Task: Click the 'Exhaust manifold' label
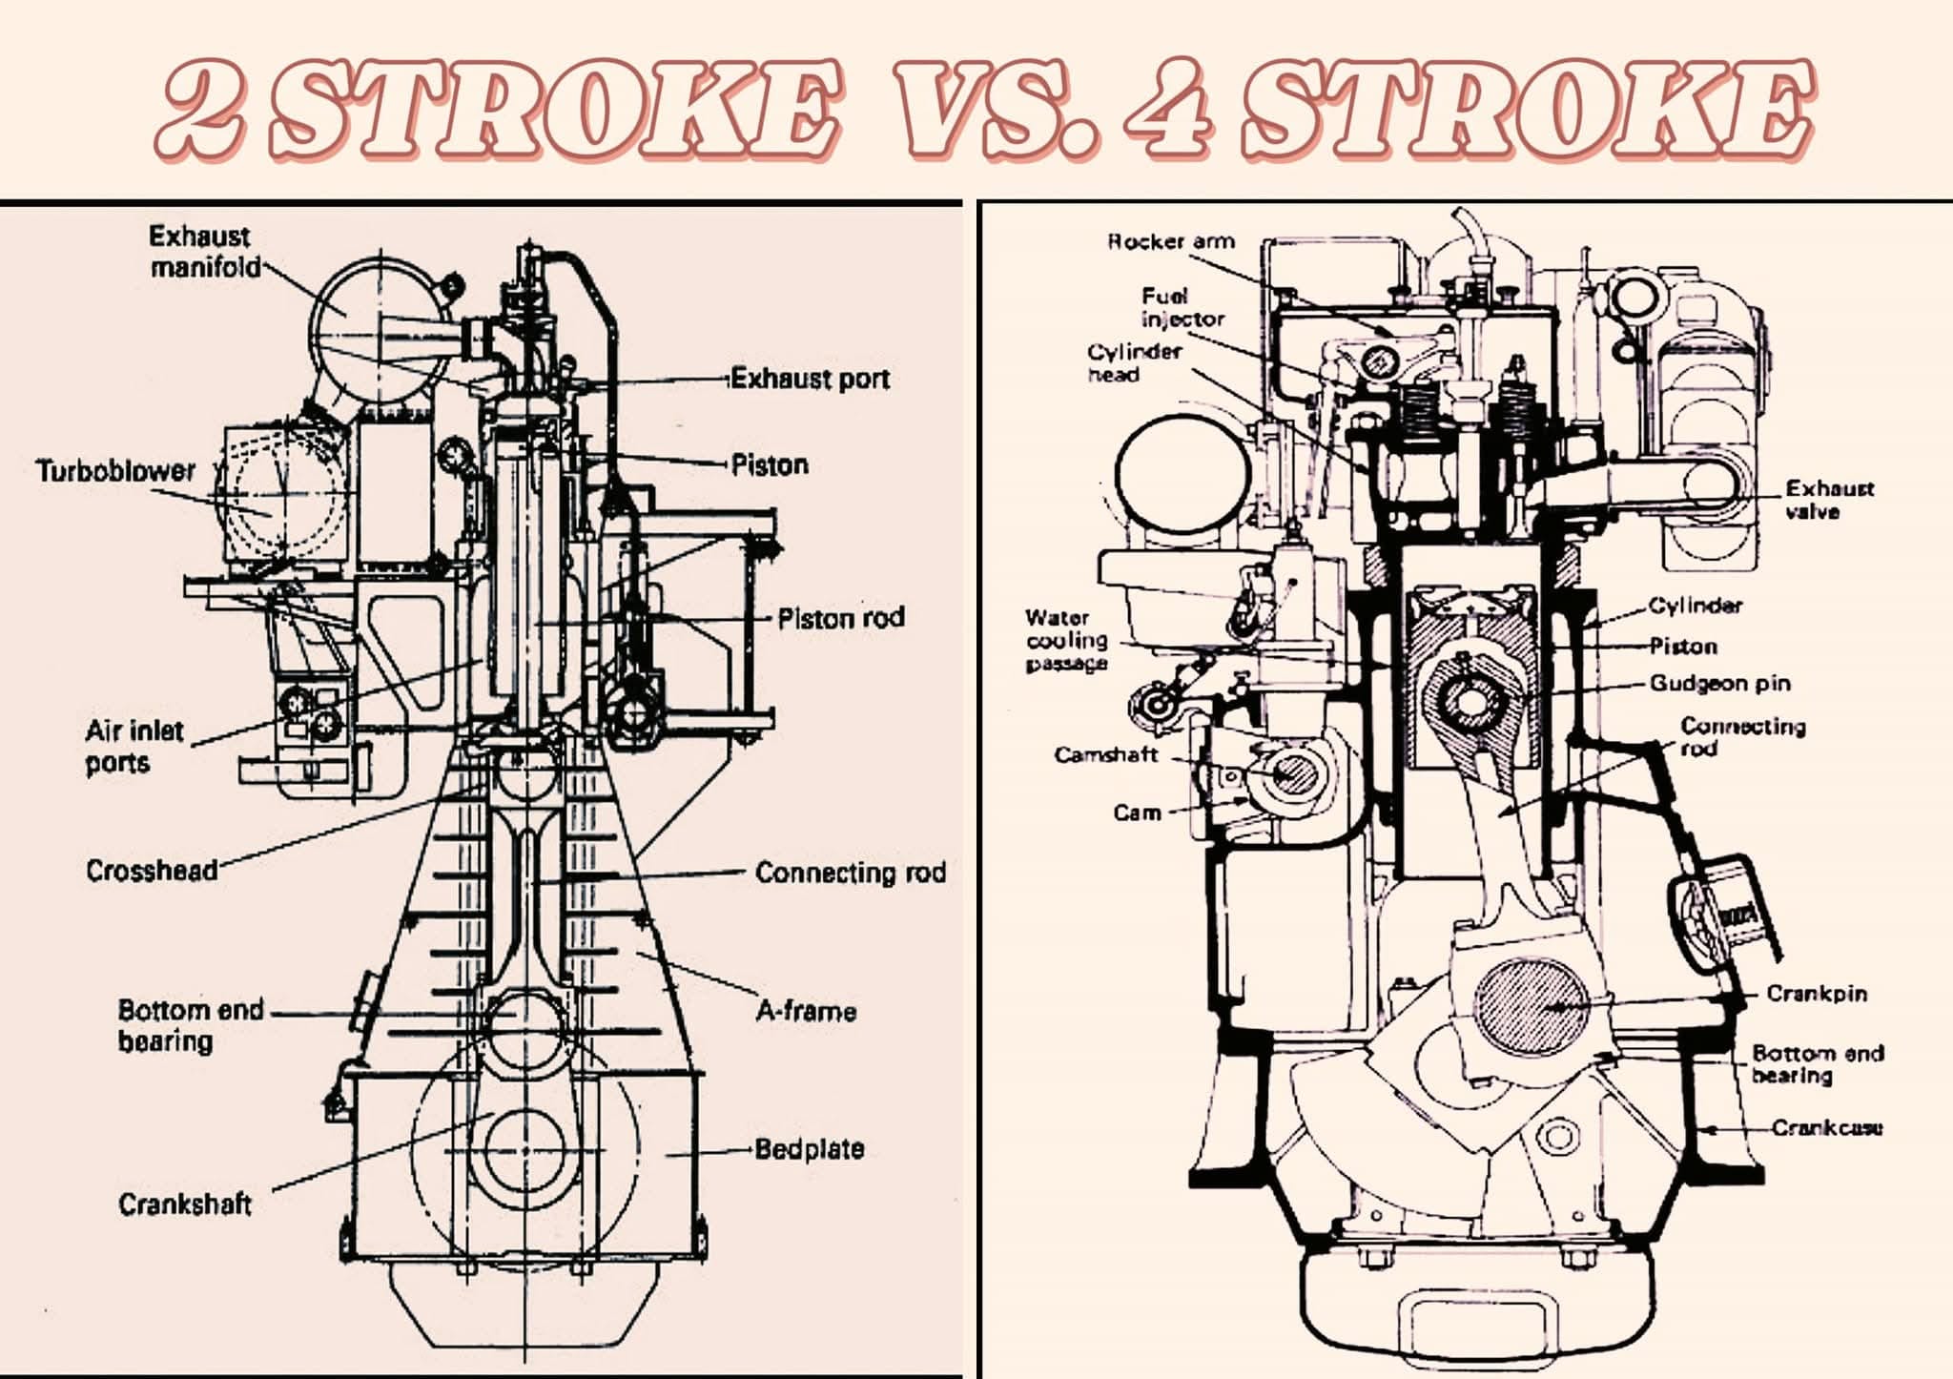(x=204, y=251)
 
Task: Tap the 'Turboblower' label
(x=115, y=470)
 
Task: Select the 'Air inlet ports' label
(x=134, y=747)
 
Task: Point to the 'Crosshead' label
(x=152, y=871)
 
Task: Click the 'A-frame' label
(x=806, y=1010)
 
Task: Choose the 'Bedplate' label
(x=810, y=1148)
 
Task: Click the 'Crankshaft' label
(x=185, y=1204)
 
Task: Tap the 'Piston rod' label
(x=840, y=618)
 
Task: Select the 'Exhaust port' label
(x=810, y=379)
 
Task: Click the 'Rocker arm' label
(x=1171, y=241)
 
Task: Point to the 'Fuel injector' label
(x=1182, y=307)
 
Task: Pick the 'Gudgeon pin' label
(x=1720, y=683)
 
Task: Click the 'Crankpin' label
(x=1817, y=993)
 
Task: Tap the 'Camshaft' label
(x=1106, y=754)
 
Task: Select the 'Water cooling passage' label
(x=1067, y=640)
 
